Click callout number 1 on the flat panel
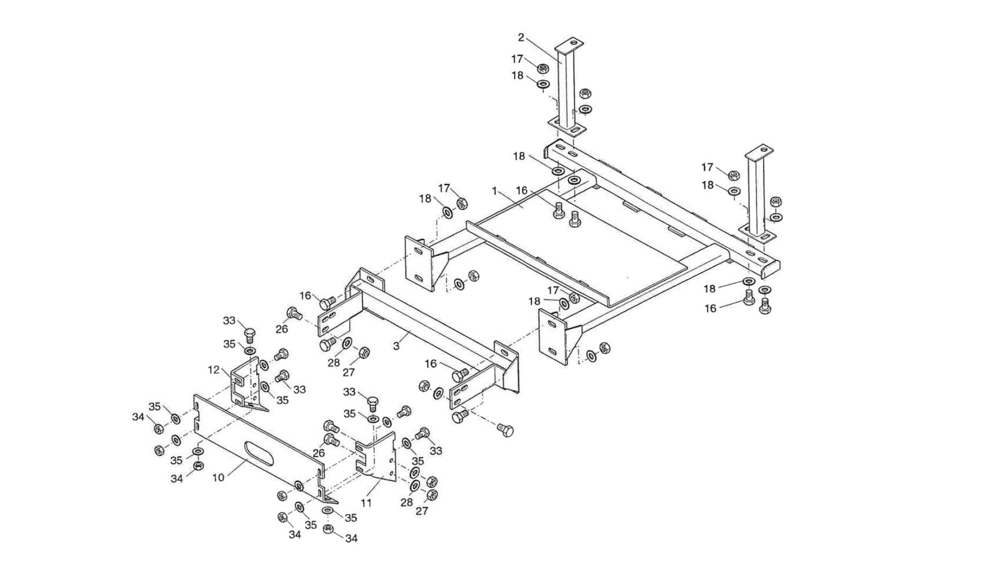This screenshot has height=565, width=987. [495, 191]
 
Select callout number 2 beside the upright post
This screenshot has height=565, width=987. [521, 38]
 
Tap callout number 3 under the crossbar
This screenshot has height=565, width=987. [396, 346]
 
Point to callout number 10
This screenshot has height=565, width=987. [218, 477]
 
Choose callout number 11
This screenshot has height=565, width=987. [366, 503]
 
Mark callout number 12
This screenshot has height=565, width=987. [214, 370]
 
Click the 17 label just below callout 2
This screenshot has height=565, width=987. [517, 59]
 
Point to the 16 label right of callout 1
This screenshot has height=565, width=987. [522, 190]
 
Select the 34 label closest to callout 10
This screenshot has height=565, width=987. [177, 479]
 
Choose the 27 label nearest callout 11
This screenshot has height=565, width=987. [422, 511]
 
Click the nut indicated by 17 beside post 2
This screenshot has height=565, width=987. [542, 68]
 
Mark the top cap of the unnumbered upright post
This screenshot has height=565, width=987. [759, 150]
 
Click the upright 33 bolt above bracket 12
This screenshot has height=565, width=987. [249, 336]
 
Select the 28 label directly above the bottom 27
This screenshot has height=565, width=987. [407, 502]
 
